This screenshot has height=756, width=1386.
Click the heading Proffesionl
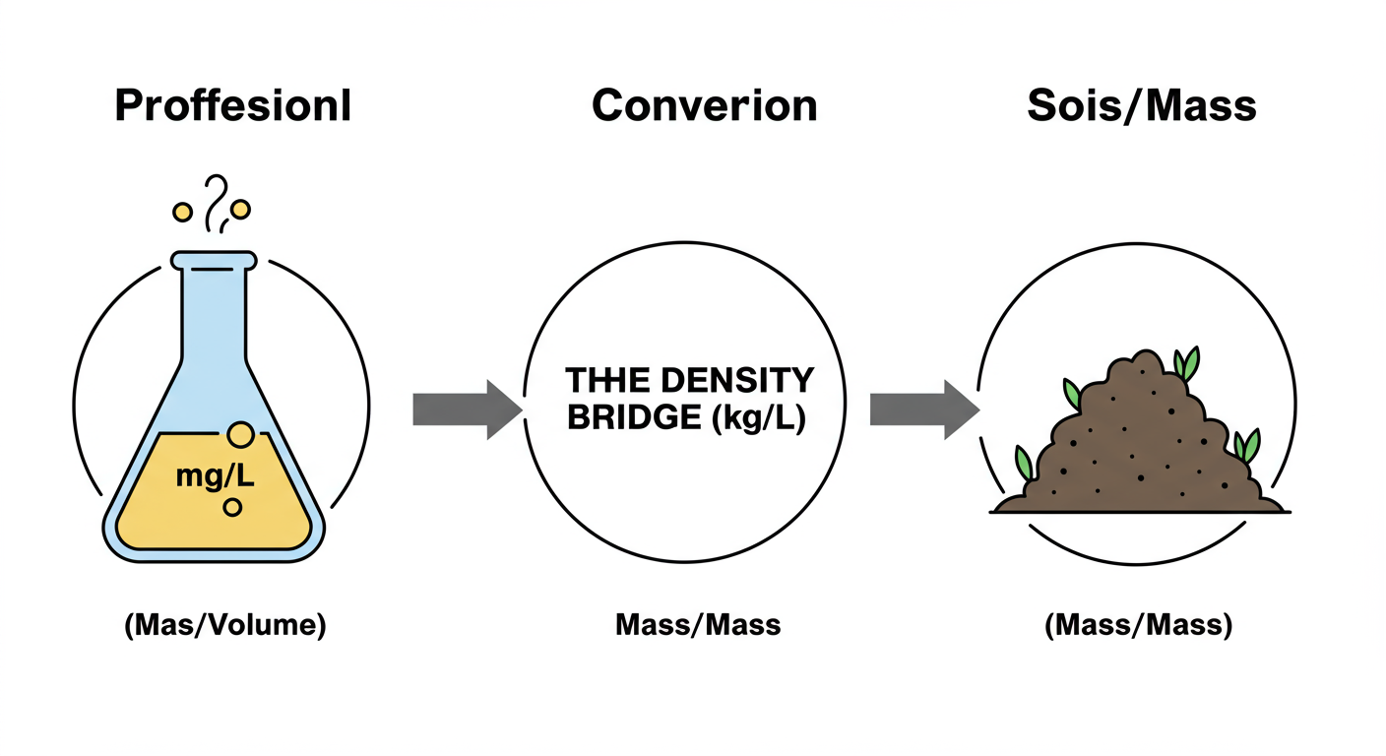pos(232,106)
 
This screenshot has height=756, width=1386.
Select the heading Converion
pos(704,106)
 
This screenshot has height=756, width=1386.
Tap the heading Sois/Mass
pos(1141,106)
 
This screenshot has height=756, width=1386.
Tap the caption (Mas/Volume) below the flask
pos(225,625)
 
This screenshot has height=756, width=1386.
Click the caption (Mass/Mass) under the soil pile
pos(1138,625)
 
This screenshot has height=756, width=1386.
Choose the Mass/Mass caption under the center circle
pos(698,625)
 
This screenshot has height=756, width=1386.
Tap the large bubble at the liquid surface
pos(239,434)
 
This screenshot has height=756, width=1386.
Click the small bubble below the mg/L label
pos(232,508)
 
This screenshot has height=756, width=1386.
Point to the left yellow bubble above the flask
pos(182,212)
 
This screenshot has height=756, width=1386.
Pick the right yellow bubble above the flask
pos(241,210)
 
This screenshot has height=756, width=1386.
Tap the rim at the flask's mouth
pos(214,260)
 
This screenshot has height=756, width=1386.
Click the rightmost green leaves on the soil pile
pos(1247,445)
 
